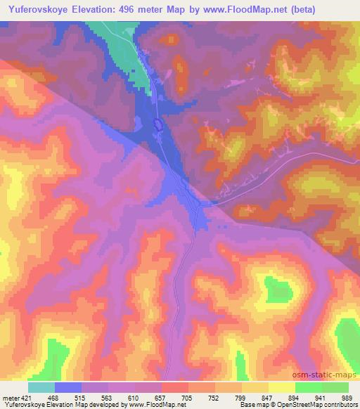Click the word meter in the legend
pyautogui.click(x=11, y=396)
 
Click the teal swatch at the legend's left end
pyautogui.click(x=41, y=387)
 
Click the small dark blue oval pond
pyautogui.click(x=159, y=124)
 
